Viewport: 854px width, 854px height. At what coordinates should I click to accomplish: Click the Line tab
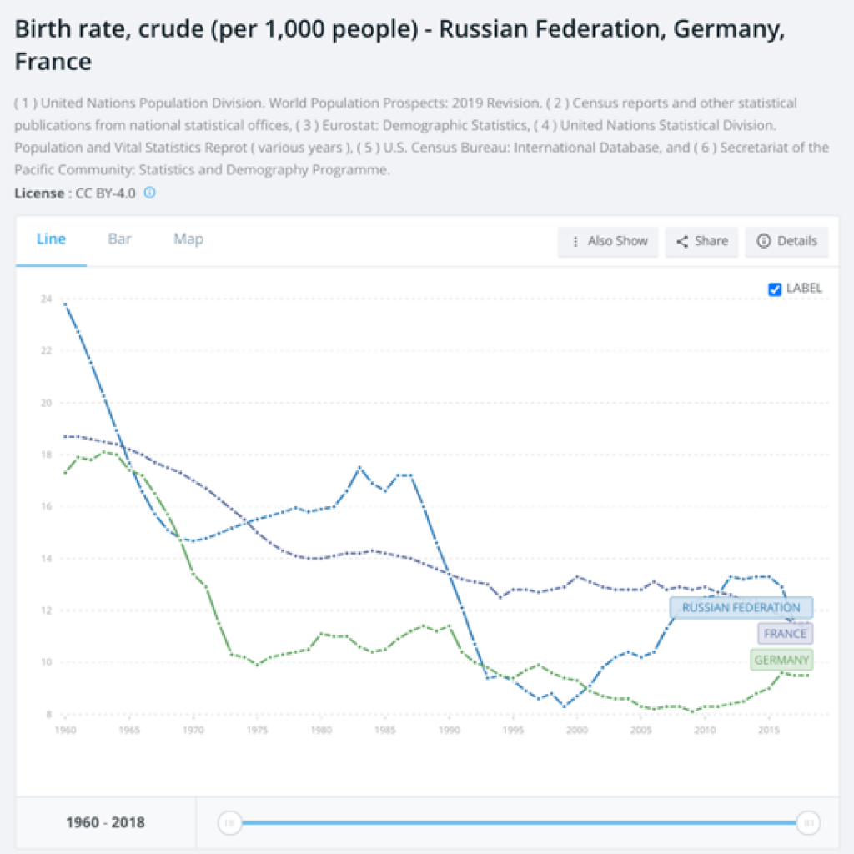pos(51,239)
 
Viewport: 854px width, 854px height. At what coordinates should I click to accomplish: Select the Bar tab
pos(119,239)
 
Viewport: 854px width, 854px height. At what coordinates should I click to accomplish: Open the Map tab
pos(188,239)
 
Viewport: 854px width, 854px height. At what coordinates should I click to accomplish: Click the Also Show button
pos(609,241)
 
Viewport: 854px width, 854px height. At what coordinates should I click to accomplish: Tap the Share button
pos(702,241)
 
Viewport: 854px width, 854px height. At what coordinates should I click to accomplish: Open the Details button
pos(786,241)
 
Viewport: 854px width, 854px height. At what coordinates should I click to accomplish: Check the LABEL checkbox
pos(775,289)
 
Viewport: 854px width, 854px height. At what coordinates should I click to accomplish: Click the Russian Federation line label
pos(741,608)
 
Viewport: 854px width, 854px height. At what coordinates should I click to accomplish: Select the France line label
pos(785,634)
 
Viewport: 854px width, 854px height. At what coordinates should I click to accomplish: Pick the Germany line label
pos(781,661)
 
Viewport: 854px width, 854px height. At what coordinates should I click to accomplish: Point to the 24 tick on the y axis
pos(46,299)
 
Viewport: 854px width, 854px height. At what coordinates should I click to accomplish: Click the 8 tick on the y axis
pos(48,715)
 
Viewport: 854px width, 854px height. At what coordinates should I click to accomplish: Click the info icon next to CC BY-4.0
pos(150,193)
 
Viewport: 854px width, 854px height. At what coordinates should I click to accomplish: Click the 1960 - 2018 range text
pos(105,823)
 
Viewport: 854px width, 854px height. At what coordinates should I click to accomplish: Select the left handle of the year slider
pos(229,823)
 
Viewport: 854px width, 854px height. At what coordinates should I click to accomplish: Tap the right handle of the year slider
pos(807,823)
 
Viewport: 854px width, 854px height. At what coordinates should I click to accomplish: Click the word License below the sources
pos(38,193)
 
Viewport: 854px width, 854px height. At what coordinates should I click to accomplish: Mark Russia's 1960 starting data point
pos(66,304)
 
